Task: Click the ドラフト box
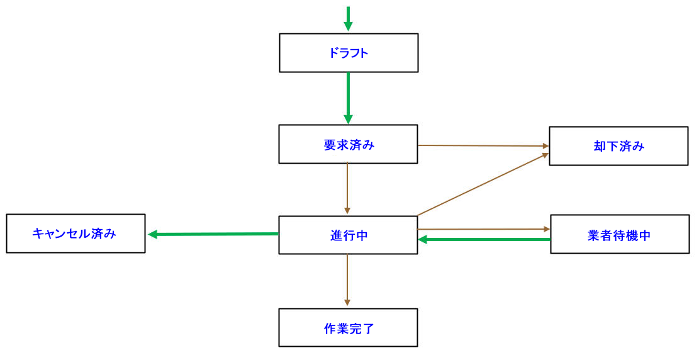pos(349,53)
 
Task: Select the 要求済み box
pos(348,144)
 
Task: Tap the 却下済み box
pos(618,146)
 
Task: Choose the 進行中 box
pos(348,235)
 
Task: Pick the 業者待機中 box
pos(620,235)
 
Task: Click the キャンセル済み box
pos(75,233)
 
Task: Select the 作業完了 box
pos(348,328)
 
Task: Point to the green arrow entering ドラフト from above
pos(348,17)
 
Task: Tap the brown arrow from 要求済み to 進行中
pos(347,188)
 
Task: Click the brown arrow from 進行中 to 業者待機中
pos(483,229)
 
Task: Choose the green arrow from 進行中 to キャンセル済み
pos(214,234)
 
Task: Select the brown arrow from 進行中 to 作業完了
pos(347,279)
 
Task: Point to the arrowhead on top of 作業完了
pos(347,303)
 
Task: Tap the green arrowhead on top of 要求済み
pos(348,120)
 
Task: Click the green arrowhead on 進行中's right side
pos(423,239)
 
